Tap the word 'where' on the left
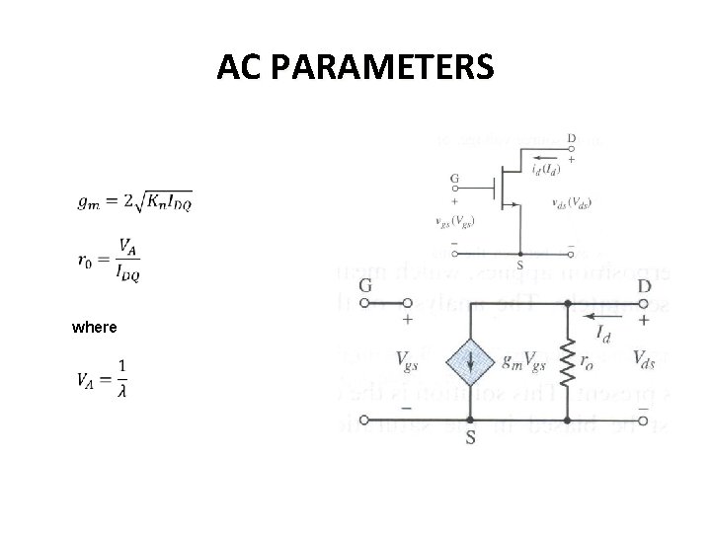[95, 327]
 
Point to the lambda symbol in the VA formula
[121, 391]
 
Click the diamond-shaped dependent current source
[470, 363]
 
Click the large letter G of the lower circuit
[365, 285]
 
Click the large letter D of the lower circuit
[645, 285]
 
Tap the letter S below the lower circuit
[470, 435]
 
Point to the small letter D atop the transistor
[571, 138]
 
